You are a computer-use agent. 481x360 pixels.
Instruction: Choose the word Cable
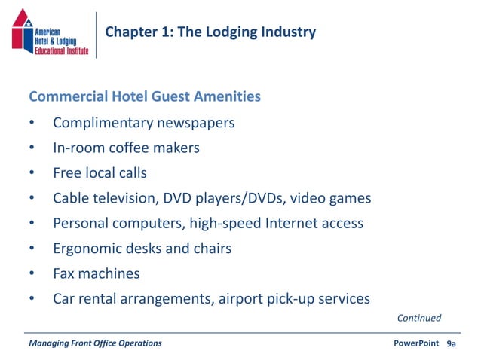point(72,198)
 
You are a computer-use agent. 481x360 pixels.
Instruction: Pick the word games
point(350,198)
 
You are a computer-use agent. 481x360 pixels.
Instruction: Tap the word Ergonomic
point(87,249)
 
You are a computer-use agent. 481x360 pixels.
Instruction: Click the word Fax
point(64,273)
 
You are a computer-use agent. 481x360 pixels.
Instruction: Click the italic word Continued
point(418,319)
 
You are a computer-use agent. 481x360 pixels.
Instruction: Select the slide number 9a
point(452,343)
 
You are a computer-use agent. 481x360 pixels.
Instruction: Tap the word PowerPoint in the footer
point(416,343)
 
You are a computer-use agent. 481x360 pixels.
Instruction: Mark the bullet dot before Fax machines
point(32,274)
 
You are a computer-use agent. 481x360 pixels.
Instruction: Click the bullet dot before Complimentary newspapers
point(32,124)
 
